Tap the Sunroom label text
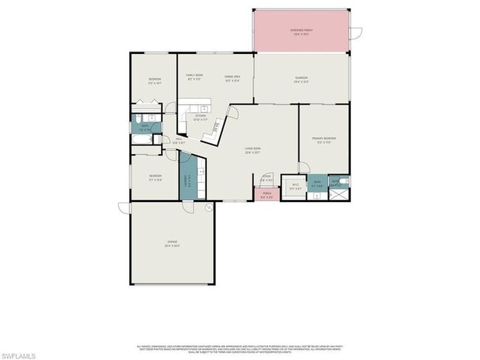tap(301, 79)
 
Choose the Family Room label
tap(194, 76)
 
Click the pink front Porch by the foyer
tap(267, 195)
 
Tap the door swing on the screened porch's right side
tap(357, 32)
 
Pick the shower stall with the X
tap(340, 193)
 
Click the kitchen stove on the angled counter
tap(215, 128)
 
